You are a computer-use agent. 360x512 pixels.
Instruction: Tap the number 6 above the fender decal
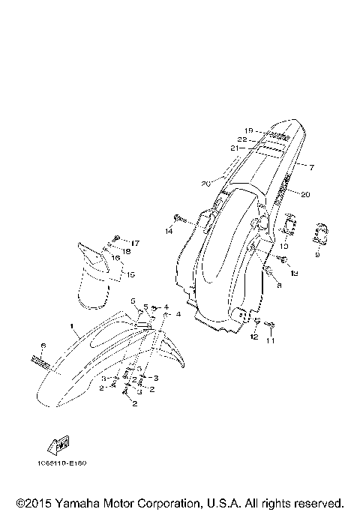43,346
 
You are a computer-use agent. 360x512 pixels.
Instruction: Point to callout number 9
317,254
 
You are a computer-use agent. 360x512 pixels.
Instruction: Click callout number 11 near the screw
271,341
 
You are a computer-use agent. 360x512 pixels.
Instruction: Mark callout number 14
169,232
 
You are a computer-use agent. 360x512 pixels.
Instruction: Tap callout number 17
136,243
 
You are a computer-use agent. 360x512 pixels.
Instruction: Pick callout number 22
242,139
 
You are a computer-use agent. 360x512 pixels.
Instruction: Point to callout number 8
279,285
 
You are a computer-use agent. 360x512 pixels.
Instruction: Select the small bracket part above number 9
319,235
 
